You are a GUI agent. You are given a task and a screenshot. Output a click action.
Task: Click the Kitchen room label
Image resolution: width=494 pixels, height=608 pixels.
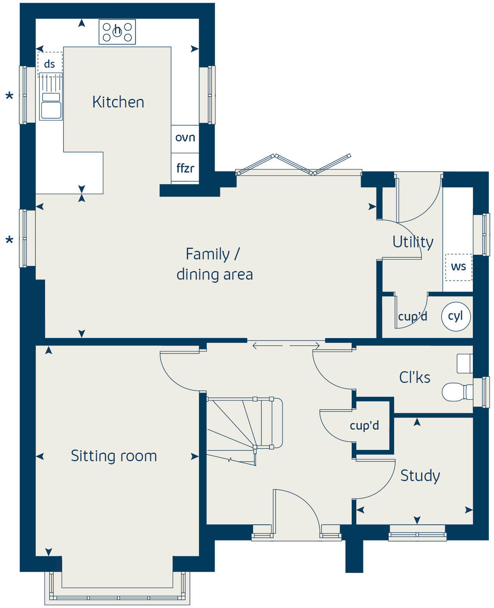[x=118, y=102]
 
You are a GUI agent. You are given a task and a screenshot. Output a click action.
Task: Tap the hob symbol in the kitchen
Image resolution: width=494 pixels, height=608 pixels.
[x=117, y=32]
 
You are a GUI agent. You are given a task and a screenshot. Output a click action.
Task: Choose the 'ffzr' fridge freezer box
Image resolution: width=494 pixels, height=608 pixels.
[x=185, y=168]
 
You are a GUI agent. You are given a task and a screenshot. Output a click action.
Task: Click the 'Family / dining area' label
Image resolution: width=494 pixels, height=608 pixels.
[x=214, y=264]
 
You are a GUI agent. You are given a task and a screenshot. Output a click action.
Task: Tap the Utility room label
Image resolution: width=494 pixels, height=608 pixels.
[x=412, y=242]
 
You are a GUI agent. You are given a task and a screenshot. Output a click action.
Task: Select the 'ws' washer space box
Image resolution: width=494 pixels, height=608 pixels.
[x=458, y=267]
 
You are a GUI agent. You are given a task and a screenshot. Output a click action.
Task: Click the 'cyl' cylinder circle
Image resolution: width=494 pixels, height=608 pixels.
[x=456, y=316]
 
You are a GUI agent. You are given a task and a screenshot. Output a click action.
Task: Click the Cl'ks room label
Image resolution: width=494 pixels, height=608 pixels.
[x=415, y=377]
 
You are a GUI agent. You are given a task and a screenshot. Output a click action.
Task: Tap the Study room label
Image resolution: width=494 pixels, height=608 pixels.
[x=420, y=475]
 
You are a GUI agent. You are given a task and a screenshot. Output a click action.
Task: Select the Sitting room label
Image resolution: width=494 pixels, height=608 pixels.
[x=114, y=456]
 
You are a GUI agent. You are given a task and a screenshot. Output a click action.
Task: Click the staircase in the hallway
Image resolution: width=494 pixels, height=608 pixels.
[x=242, y=427]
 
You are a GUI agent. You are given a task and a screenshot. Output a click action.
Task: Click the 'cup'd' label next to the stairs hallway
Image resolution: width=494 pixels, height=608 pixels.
[x=364, y=426]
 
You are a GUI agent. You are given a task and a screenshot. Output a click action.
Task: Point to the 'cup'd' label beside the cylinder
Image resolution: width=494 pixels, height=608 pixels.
[x=412, y=317]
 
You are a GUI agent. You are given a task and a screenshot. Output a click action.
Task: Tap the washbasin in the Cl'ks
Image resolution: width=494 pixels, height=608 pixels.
[x=465, y=364]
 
